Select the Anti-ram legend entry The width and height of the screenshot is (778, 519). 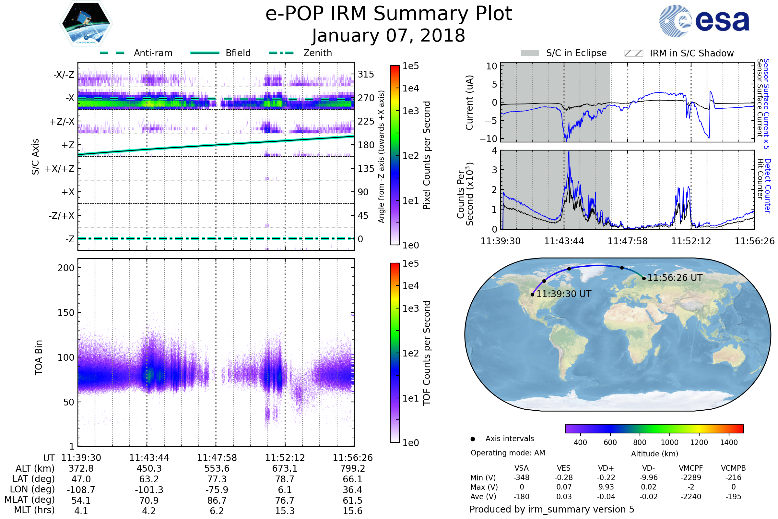pyautogui.click(x=136, y=53)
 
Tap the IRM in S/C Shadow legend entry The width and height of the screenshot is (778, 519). pyautogui.click(x=679, y=53)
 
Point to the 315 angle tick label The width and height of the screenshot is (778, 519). pyautogui.click(x=366, y=75)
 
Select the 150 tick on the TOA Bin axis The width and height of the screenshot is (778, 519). pyautogui.click(x=66, y=313)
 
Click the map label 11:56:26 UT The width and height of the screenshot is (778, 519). pyautogui.click(x=675, y=278)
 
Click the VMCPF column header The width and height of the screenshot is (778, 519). pyautogui.click(x=691, y=468)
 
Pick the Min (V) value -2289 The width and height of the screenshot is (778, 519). pyautogui.click(x=691, y=477)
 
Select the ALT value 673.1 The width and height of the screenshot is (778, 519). pyautogui.click(x=285, y=469)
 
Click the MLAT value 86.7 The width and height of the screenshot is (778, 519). pyautogui.click(x=217, y=501)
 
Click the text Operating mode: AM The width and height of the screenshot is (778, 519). pyautogui.click(x=508, y=453)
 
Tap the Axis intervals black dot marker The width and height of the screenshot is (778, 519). pyautogui.click(x=473, y=439)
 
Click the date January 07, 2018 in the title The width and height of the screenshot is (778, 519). pyautogui.click(x=388, y=35)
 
